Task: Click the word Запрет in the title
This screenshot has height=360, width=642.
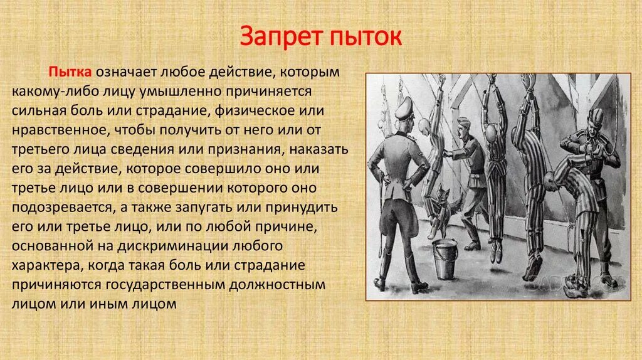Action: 281,37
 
